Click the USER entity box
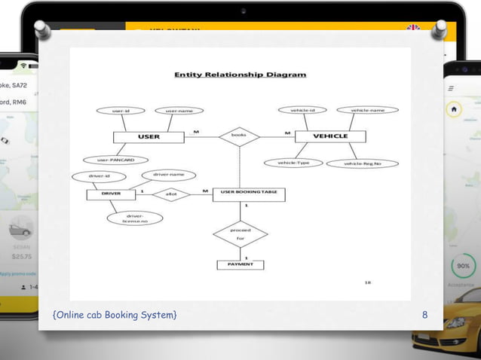coord(149,136)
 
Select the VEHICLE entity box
coord(330,136)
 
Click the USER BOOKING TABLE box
coord(249,194)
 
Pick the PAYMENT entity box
coord(240,264)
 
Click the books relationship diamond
coord(239,136)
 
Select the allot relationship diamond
coord(171,194)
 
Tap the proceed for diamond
coord(240,233)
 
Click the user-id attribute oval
coord(121,111)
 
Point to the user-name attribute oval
coord(179,111)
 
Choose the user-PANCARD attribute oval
coord(115,160)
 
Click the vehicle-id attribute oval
coord(302,110)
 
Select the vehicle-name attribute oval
coord(367,110)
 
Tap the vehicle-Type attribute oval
coord(293,163)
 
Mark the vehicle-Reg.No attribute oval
coord(362,163)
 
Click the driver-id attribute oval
coord(99,176)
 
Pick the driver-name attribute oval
coord(168,175)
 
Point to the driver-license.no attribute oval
coord(135,218)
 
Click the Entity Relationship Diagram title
coord(240,75)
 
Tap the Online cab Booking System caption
coord(115,314)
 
